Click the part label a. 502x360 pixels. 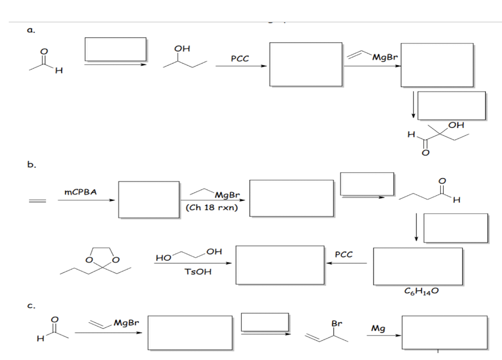tap(31, 30)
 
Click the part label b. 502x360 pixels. tap(31, 165)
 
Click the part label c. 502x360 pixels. tap(31, 306)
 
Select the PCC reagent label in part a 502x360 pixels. tap(240, 59)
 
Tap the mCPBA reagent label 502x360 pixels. tap(80, 192)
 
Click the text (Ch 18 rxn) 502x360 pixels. tap(212, 208)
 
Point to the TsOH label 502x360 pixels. tap(198, 272)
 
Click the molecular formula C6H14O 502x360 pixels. tap(421, 291)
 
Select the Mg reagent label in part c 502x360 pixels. tap(378, 329)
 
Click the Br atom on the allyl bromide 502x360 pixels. tap(336, 324)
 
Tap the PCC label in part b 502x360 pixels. tap(344, 254)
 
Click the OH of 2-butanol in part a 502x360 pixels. tap(182, 48)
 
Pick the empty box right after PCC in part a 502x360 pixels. tap(306, 64)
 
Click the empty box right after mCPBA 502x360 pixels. tap(149, 200)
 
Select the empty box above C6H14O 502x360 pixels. tap(418, 266)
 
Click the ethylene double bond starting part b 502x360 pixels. tap(37, 201)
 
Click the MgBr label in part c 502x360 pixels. tap(126, 323)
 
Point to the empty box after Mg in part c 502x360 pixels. tap(445, 333)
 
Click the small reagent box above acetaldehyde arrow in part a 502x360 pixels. tap(116, 49)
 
